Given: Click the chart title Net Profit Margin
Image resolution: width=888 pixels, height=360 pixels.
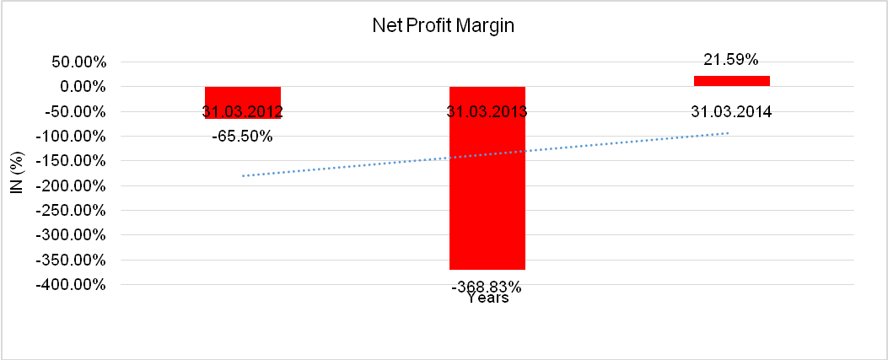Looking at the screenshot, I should click(x=443, y=26).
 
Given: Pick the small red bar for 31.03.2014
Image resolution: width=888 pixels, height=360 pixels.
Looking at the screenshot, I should click(x=731, y=81).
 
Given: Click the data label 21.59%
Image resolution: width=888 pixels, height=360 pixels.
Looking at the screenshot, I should click(x=731, y=60).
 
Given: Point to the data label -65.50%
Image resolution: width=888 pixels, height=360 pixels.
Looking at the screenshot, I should click(x=243, y=136).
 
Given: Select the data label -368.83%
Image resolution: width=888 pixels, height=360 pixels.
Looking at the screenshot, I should click(x=487, y=287).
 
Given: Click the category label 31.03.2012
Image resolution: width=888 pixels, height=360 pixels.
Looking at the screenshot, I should click(x=243, y=112).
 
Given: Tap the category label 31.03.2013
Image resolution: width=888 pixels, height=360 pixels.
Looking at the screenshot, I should click(x=487, y=112).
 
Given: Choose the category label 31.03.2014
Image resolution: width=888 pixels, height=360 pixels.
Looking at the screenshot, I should click(x=731, y=112).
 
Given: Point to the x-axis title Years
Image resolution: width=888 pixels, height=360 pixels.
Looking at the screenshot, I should click(x=487, y=298).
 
